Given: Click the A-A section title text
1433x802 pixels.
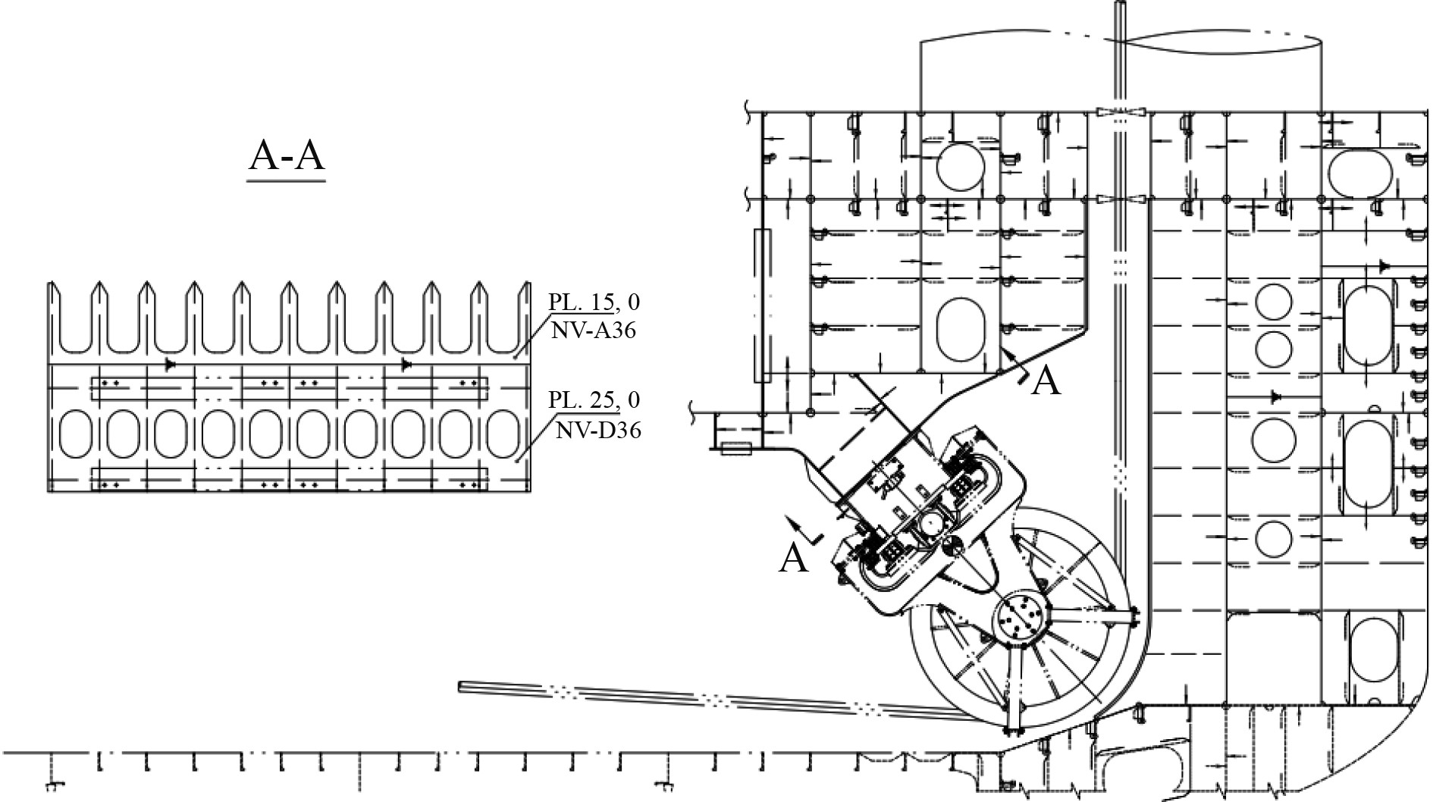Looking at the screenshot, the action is tap(287, 156).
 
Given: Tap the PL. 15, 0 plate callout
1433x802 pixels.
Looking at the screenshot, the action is tap(594, 302).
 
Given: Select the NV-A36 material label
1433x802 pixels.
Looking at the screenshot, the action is tap(594, 331).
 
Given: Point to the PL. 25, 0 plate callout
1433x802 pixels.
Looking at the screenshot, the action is tap(594, 399).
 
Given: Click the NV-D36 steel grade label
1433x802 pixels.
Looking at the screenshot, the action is tap(598, 431).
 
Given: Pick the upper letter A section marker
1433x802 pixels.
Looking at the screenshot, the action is tap(1046, 381).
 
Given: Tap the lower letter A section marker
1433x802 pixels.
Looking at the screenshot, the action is tap(794, 558).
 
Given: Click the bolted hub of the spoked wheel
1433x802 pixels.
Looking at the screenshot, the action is tap(1021, 621).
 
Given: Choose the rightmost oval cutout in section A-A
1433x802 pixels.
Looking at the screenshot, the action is tap(501, 434).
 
